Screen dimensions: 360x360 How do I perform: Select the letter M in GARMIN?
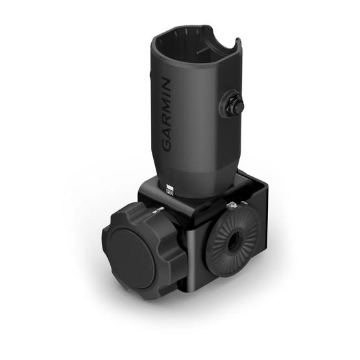pos(166,104)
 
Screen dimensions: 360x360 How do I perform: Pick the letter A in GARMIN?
pos(167,132)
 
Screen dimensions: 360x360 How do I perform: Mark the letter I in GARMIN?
pos(165,93)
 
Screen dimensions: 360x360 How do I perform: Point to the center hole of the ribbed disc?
pos(232,239)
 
